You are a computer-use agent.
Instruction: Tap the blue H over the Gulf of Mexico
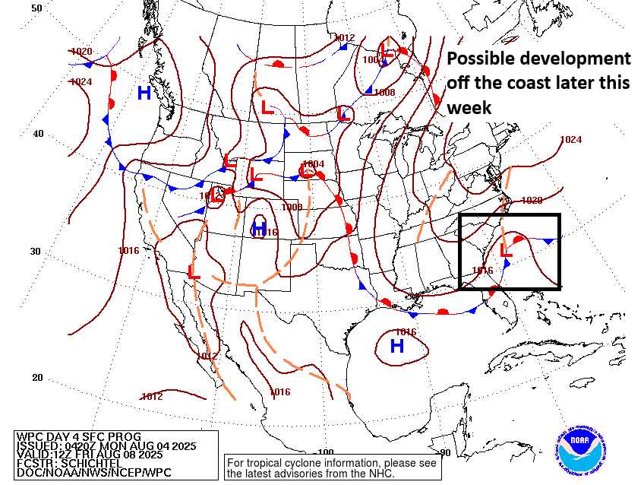(x=396, y=347)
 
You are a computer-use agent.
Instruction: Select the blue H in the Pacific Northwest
(x=144, y=94)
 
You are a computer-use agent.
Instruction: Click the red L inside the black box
(x=507, y=249)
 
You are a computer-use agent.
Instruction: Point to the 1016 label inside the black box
(x=483, y=270)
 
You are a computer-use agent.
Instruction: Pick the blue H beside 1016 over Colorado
(x=259, y=230)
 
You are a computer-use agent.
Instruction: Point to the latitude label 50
(x=36, y=8)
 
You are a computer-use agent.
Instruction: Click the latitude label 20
(x=36, y=378)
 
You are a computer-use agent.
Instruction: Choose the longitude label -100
(x=325, y=452)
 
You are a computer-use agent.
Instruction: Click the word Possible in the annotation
(x=483, y=59)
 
